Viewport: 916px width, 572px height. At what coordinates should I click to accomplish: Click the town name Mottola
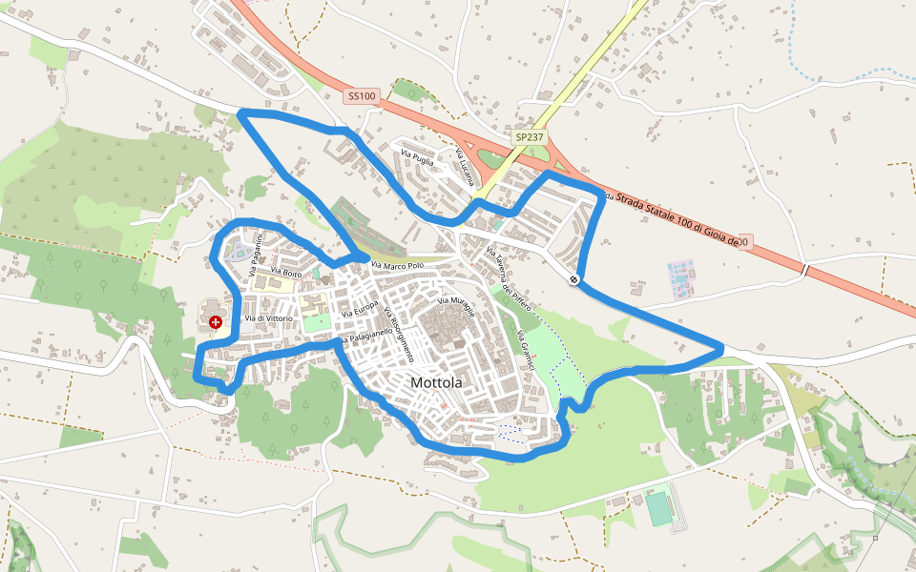(436, 382)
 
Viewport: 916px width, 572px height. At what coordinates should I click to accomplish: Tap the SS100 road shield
(362, 96)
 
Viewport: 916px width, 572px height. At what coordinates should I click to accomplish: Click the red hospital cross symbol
(217, 323)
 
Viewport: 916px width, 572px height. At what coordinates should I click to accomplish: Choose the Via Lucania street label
(465, 166)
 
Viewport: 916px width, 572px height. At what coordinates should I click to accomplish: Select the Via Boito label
(286, 274)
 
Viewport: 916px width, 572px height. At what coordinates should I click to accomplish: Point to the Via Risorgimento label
(399, 334)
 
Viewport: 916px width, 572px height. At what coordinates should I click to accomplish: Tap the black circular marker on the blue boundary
(573, 279)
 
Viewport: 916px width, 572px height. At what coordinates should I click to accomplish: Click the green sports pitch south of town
(658, 507)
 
